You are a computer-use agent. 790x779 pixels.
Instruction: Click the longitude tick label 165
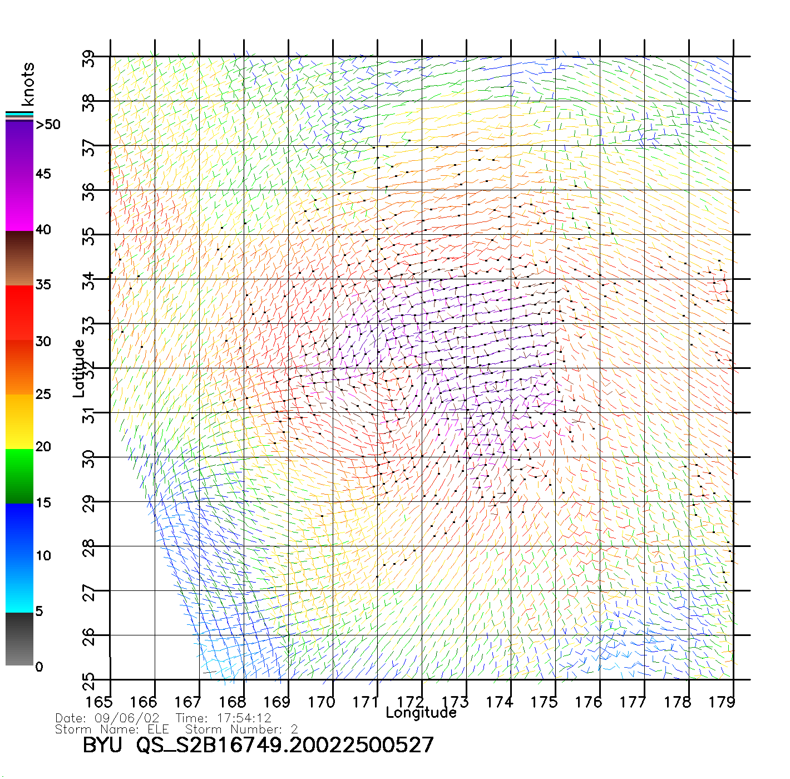[x=99, y=702]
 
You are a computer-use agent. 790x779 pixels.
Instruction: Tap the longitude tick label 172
[x=411, y=702]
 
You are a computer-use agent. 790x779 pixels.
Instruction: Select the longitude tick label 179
[x=722, y=702]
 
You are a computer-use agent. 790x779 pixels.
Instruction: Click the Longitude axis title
[x=421, y=713]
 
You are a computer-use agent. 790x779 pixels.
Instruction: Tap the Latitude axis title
[x=79, y=368]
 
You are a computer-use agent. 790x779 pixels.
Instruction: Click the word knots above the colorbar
[x=28, y=84]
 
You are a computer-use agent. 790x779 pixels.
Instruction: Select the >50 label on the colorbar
[x=48, y=125]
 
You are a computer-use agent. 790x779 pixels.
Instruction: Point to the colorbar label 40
[x=43, y=230]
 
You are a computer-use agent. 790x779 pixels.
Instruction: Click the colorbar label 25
[x=43, y=395]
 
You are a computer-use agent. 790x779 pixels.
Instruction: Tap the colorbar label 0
[x=39, y=667]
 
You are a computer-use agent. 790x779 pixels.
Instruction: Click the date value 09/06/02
[x=127, y=718]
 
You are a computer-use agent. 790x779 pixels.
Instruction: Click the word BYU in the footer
[x=102, y=745]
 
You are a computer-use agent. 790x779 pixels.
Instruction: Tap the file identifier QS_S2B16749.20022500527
[x=285, y=745]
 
